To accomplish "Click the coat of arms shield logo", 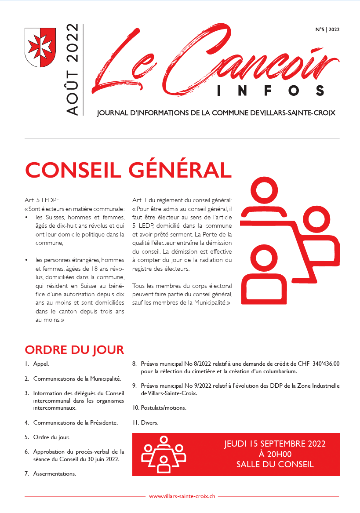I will (x=38, y=47).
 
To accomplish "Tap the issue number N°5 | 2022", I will (x=327, y=30).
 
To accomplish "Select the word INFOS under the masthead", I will (x=271, y=91).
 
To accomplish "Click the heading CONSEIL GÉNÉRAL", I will (x=128, y=170).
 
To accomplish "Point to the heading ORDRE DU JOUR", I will (x=74, y=350).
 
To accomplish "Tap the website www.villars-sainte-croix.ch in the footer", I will (x=182, y=496).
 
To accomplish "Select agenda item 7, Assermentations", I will (x=55, y=473).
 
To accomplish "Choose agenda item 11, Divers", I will (x=149, y=422).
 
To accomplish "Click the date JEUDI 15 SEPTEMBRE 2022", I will (x=275, y=444).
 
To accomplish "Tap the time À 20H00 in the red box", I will (x=275, y=454).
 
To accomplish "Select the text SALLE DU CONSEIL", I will (x=275, y=464).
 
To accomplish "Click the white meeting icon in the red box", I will (x=164, y=454).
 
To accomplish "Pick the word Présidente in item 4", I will (x=102, y=422).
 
